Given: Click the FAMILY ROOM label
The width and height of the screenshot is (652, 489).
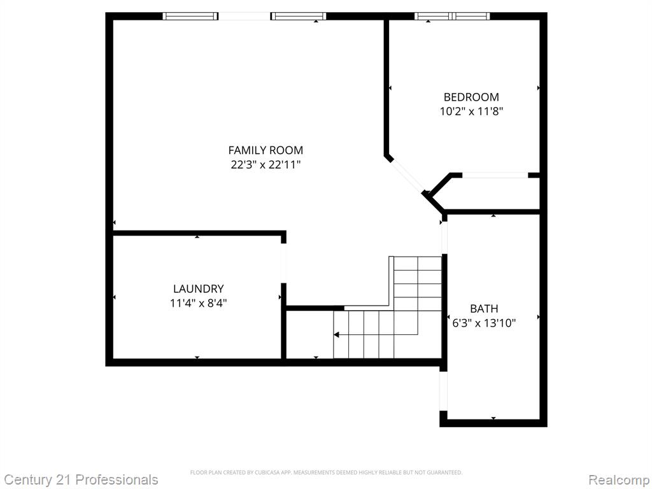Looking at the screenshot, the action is pos(266,150).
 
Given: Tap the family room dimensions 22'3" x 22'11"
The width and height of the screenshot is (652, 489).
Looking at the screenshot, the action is pos(266,165).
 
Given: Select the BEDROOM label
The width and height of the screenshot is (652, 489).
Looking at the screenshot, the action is pos(471,97).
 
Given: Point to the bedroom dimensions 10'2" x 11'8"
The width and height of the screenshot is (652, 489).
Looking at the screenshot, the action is pos(472,111).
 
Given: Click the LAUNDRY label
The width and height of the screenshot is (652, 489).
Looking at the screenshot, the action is pos(199,288).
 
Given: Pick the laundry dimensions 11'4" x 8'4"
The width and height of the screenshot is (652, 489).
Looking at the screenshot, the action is pos(199,303).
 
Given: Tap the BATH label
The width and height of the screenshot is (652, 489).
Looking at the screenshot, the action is pos(484,309).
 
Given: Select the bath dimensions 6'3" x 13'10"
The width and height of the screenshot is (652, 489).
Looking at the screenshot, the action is pos(484,323).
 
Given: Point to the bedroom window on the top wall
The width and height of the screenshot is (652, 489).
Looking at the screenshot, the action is pos(452,16).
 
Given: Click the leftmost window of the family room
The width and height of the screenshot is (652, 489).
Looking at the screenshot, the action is pos(190,16).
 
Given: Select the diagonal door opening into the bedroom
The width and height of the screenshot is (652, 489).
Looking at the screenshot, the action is pos(408,176).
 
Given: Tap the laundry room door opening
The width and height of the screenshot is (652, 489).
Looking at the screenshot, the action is pos(283,263).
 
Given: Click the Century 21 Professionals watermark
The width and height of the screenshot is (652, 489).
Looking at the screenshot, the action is pos(80,479).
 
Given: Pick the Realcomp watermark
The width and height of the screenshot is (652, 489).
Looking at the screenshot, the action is pos(619,479).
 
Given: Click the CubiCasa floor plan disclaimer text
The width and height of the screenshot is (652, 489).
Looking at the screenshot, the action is pos(326,472).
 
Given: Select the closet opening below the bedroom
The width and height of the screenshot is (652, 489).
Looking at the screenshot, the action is pos(495,175).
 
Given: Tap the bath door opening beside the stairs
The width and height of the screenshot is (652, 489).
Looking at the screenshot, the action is pos(444,237).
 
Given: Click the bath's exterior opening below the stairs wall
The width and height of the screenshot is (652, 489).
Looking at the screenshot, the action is pos(444,391).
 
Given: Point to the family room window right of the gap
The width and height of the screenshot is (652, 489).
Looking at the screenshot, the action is pos(298,16).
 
